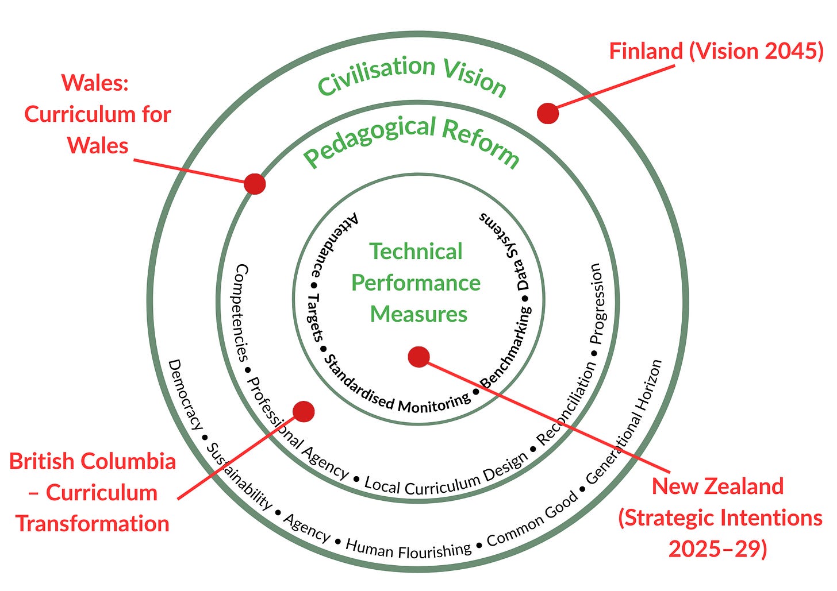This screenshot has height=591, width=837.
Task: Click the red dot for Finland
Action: (547, 113)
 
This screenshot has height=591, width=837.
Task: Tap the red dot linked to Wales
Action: (255, 184)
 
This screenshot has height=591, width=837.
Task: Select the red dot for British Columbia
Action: (304, 411)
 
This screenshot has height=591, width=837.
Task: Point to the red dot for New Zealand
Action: (418, 357)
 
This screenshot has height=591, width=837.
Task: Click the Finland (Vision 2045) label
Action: (716, 51)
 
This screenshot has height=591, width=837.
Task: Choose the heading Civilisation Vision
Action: (412, 76)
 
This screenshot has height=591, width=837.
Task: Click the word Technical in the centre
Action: (416, 251)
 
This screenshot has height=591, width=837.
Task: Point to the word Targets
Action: (315, 318)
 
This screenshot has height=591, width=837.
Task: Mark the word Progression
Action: (597, 303)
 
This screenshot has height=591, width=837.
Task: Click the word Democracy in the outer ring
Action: (185, 395)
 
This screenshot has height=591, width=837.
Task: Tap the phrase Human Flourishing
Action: (408, 549)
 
